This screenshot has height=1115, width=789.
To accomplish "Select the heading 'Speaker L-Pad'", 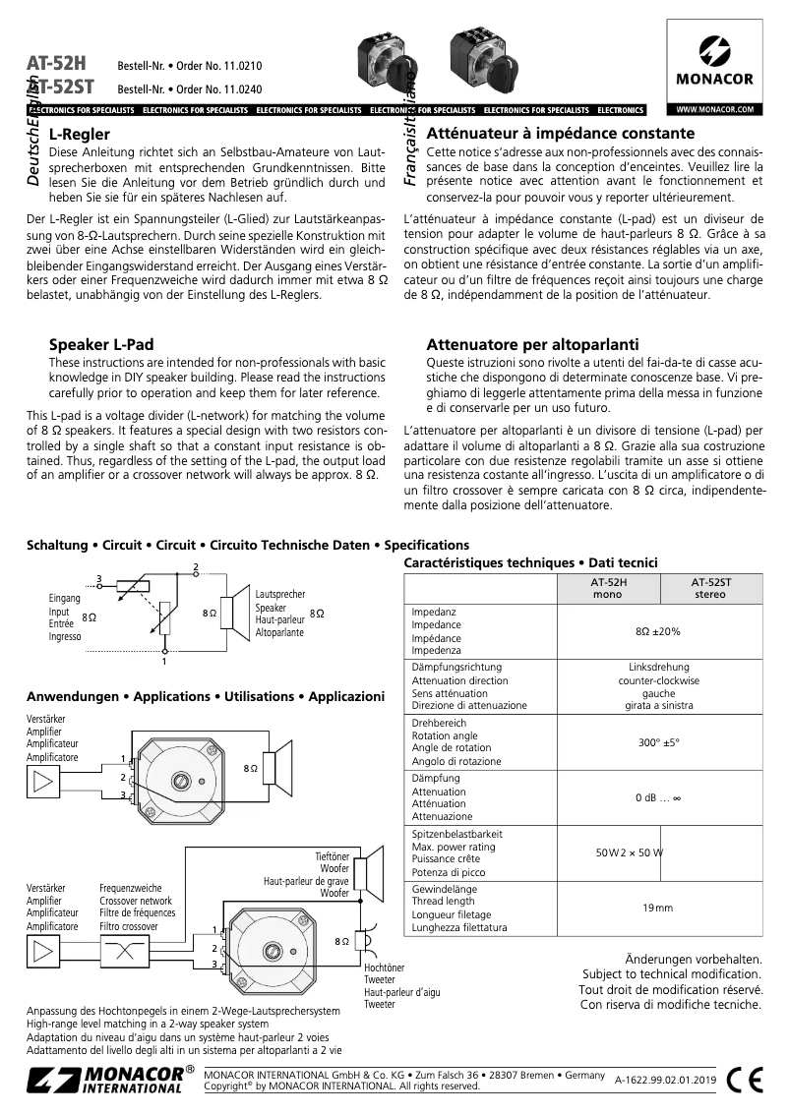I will [101, 345].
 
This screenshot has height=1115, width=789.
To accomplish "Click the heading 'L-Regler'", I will [79, 134].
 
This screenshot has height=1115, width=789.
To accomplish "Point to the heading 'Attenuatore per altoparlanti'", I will [532, 345].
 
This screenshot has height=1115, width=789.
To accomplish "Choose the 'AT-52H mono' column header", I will [607, 588].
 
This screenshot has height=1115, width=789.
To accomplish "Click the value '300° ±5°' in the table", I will [658, 742].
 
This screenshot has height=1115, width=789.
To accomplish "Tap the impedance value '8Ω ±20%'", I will [658, 631].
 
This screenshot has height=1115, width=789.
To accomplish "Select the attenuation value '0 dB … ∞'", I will [658, 797].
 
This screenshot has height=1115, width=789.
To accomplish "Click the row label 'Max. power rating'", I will [454, 847].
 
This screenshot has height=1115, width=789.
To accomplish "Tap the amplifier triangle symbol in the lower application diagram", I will [42, 952].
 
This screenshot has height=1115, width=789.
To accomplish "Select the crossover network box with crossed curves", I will [126, 952].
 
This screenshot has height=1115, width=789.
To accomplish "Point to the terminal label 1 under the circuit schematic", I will [164, 661].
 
